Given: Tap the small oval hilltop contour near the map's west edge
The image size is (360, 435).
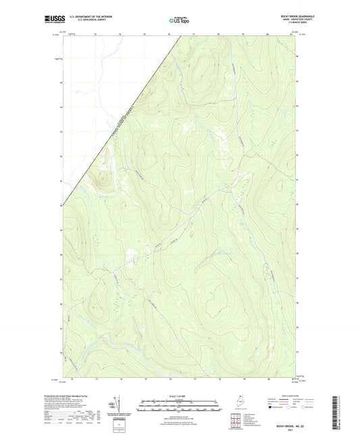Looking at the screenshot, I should (x=102, y=180).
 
